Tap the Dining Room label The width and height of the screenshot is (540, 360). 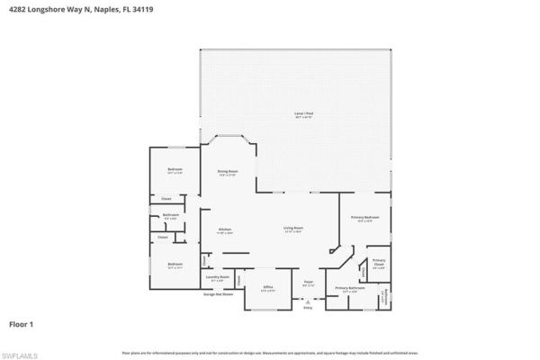(x=228, y=171)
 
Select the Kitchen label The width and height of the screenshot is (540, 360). (x=225, y=230)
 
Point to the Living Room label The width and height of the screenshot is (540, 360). (x=293, y=229)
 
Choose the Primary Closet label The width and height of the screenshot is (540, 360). (x=379, y=263)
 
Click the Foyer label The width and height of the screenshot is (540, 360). (x=308, y=285)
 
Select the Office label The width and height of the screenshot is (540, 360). (x=267, y=290)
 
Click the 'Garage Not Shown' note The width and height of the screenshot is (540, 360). (x=219, y=294)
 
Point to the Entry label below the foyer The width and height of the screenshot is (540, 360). (x=308, y=307)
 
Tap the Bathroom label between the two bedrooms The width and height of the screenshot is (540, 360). (x=170, y=215)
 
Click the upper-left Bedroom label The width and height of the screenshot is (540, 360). (x=174, y=170)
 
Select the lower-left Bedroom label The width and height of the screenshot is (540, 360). (x=174, y=265)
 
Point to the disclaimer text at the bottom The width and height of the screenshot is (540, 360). (x=270, y=352)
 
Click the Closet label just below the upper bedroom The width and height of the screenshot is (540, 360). (x=166, y=199)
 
